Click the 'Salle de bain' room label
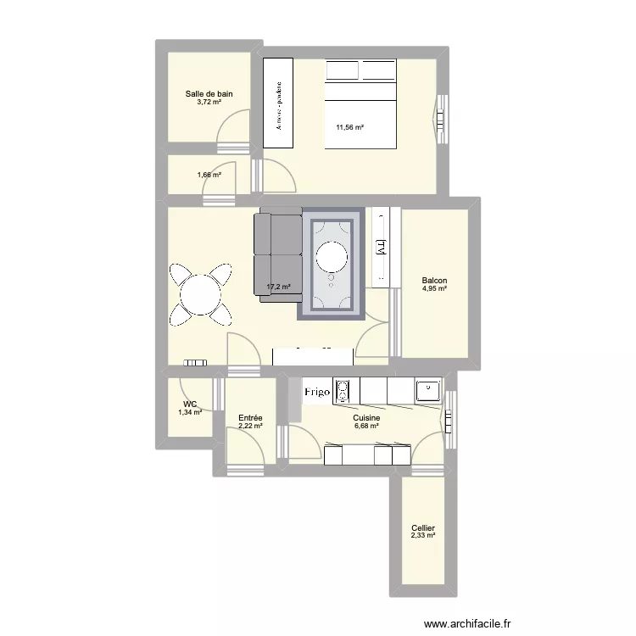209,94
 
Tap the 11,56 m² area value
349,128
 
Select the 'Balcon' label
434,282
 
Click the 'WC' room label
190,404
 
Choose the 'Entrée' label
250,418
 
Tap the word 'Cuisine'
367,418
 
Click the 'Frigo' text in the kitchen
320,393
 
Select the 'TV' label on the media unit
381,247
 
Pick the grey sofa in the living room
278,253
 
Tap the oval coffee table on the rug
331,255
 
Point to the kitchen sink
427,391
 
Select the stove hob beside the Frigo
343,391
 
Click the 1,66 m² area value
209,176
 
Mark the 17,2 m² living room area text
279,287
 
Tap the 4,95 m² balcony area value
434,290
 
